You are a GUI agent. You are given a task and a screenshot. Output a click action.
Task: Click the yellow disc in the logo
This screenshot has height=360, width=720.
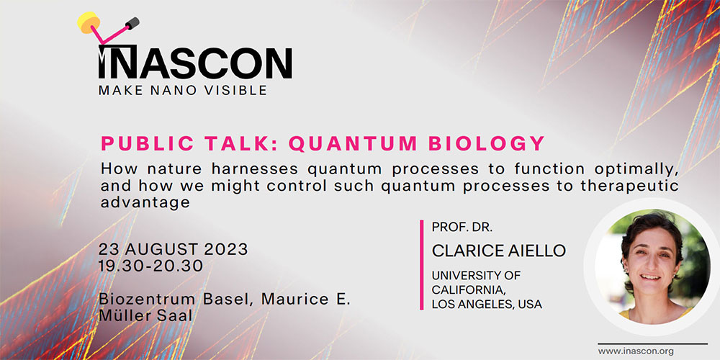89,22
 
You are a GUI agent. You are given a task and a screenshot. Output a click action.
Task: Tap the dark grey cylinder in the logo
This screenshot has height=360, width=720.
132,23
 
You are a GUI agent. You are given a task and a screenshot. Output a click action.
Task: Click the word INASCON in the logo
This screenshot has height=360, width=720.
195,62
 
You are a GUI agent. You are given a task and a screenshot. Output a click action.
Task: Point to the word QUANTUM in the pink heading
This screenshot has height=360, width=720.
353,144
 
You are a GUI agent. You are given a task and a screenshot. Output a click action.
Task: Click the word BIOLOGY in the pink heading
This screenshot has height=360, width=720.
486,144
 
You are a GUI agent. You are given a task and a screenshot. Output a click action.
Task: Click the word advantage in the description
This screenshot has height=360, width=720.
145,202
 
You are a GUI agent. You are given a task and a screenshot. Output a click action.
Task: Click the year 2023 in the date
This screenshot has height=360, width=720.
226,249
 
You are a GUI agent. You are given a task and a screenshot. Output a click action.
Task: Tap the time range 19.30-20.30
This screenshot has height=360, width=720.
150,266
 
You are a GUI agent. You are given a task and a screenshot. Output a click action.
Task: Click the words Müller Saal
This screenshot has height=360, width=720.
145,316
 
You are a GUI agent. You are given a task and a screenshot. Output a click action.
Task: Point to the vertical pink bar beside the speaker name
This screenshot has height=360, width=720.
421,265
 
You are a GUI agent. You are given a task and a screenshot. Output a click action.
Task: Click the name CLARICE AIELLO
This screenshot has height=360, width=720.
499,251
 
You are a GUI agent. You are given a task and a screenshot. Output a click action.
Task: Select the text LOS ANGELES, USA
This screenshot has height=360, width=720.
487,304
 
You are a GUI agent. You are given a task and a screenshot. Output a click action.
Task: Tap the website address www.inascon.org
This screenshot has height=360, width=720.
636,351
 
